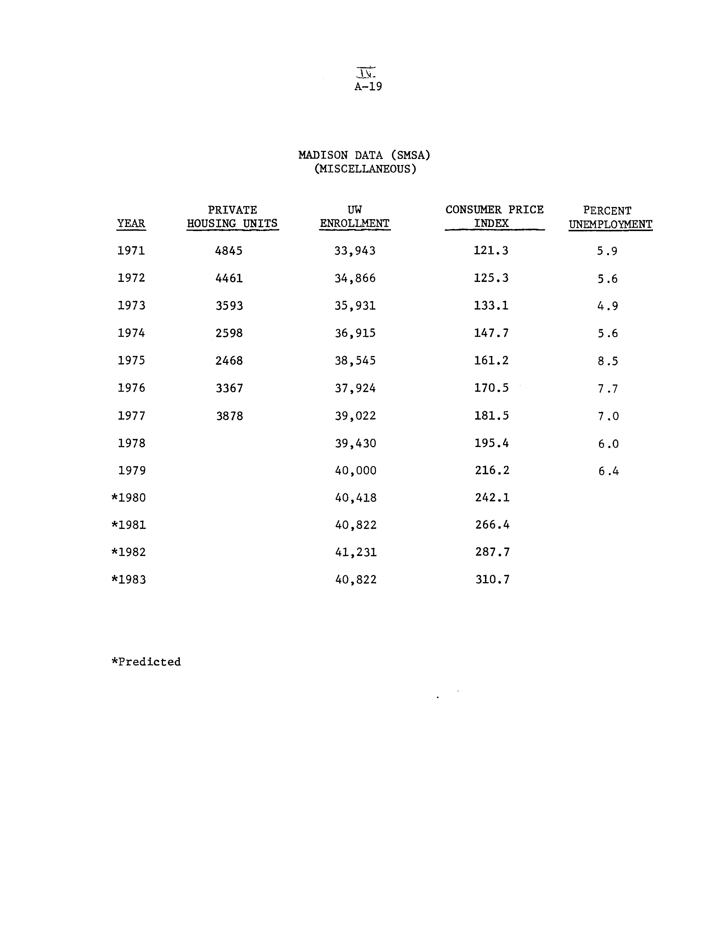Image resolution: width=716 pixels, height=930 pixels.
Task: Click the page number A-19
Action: pyautogui.click(x=368, y=86)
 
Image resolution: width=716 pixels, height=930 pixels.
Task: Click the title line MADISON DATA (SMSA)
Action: pyautogui.click(x=364, y=155)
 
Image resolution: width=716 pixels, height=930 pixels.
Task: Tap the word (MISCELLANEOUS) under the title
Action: pyautogui.click(x=365, y=169)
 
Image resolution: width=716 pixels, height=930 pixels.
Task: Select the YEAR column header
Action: pyautogui.click(x=131, y=223)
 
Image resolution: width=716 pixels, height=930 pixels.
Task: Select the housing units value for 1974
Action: pyautogui.click(x=229, y=333)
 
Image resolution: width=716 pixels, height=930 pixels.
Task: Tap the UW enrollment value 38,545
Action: pyautogui.click(x=355, y=361)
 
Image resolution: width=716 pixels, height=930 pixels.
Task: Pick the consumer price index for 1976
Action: pyautogui.click(x=491, y=388)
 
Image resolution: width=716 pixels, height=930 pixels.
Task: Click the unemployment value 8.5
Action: pyautogui.click(x=607, y=361)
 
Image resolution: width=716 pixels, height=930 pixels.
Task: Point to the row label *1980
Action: pyautogui.click(x=129, y=498)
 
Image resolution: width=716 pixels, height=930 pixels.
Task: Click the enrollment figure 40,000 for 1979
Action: pyautogui.click(x=356, y=471)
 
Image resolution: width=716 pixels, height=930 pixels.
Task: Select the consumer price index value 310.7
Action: pyautogui.click(x=492, y=580)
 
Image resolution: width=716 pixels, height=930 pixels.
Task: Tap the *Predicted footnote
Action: pyautogui.click(x=146, y=662)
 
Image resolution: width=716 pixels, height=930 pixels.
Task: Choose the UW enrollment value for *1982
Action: pyautogui.click(x=356, y=552)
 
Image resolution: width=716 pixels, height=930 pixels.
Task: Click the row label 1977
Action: pyautogui.click(x=131, y=416)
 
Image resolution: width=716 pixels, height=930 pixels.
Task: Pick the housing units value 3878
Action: pyautogui.click(x=229, y=416)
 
